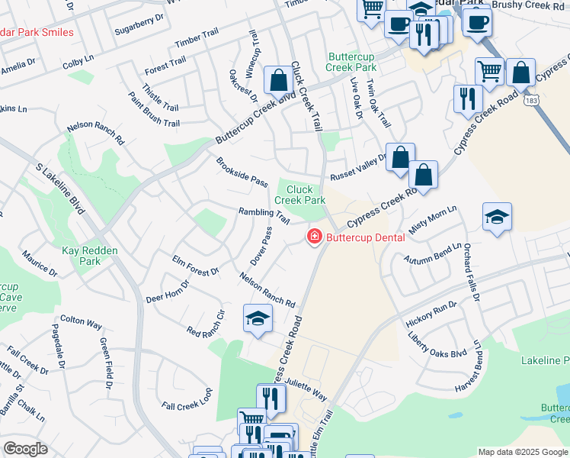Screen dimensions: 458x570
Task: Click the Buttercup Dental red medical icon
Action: tap(312, 238)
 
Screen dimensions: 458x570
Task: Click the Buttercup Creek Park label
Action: tap(352, 62)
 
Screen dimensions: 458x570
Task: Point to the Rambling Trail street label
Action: tap(264, 216)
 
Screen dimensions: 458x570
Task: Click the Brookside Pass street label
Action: tap(242, 172)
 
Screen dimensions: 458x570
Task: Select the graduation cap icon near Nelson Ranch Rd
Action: tap(258, 318)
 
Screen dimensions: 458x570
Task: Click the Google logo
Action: tap(25, 449)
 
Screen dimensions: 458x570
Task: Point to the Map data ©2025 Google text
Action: tap(523, 452)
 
